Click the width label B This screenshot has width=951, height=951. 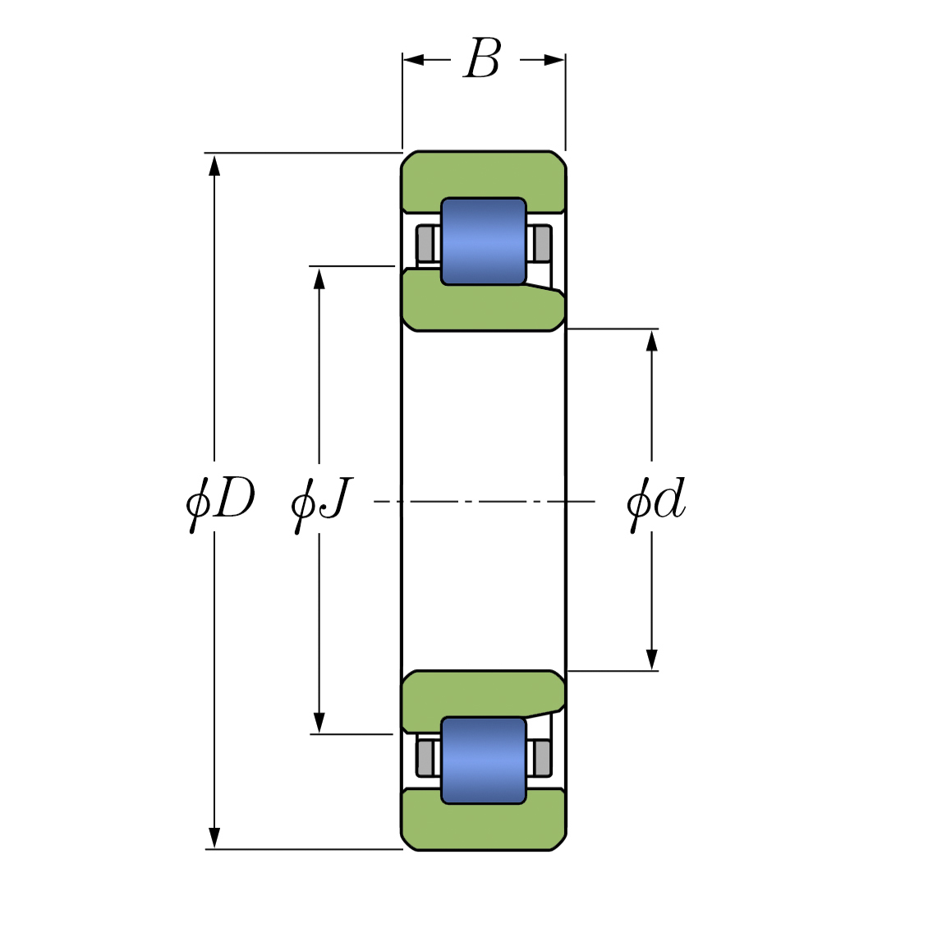[482, 59]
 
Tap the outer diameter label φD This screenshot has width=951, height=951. [220, 500]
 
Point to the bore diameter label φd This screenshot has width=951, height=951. [655, 500]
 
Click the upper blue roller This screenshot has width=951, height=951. [483, 241]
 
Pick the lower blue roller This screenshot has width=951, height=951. [483, 760]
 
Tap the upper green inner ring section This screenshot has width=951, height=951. [483, 309]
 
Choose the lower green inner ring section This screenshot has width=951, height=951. [483, 693]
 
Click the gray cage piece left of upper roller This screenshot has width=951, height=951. [425, 243]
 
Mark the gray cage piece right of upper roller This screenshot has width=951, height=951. [541, 243]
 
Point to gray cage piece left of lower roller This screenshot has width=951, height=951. [425, 757]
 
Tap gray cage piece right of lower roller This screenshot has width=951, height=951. [541, 757]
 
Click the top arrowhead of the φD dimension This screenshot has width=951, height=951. [214, 164]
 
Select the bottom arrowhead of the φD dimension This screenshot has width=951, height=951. [214, 838]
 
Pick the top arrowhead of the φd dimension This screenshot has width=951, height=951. [652, 340]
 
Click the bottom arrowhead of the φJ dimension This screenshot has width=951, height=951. [319, 723]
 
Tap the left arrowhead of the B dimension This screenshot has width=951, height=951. [413, 60]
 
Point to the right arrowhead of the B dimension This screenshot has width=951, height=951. [554, 60]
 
